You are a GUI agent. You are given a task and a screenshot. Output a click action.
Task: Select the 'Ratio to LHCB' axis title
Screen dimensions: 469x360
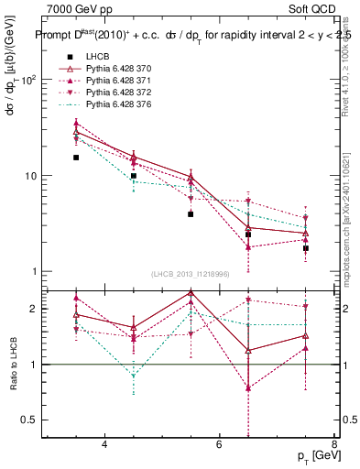(x=13, y=365)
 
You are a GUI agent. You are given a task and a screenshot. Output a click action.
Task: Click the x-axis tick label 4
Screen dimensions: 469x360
(x=104, y=444)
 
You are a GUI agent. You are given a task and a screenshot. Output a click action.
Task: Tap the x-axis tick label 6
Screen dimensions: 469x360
(x=219, y=444)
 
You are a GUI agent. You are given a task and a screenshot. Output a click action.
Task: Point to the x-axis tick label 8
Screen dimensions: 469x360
(x=333, y=444)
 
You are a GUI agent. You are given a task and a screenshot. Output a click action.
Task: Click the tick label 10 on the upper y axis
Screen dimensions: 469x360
(x=31, y=176)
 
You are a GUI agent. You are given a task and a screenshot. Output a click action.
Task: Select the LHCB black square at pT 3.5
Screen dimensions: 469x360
(x=76, y=158)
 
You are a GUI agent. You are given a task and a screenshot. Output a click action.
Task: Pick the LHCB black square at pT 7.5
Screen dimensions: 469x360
(x=305, y=248)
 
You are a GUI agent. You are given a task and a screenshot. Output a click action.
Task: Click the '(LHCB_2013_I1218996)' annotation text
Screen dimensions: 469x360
(x=189, y=275)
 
